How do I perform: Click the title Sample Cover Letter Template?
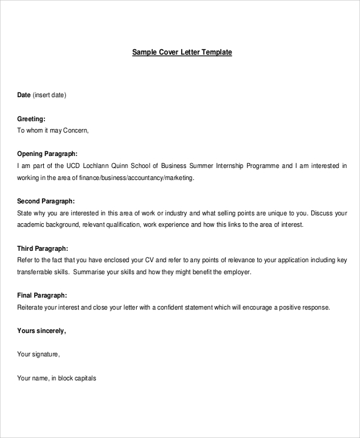point(182,52)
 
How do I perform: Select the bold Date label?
point(23,95)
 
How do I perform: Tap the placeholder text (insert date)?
point(49,95)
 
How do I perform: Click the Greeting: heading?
point(31,119)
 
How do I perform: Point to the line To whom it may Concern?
point(53,130)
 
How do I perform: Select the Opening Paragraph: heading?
point(47,154)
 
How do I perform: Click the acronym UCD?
point(74,166)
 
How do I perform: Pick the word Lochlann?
point(97,166)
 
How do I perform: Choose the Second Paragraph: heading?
point(46,201)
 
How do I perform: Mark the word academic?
point(31,224)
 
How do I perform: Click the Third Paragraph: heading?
point(42,248)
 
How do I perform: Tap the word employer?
point(236,272)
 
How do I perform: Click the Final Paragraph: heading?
point(42,295)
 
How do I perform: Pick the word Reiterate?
point(32,307)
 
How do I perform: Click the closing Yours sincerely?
point(41,331)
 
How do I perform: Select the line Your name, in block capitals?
point(56,378)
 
